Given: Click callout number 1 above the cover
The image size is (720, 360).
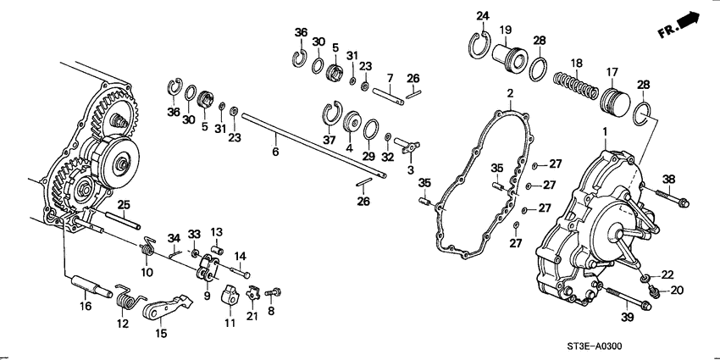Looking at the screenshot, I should pos(604,132).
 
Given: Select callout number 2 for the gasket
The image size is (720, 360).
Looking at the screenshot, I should pos(511,92).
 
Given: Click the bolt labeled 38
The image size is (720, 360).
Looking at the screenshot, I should pos(671,200).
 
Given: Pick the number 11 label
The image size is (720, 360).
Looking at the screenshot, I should pos(230,323).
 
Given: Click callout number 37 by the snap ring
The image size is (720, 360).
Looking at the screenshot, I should pos(330,141).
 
